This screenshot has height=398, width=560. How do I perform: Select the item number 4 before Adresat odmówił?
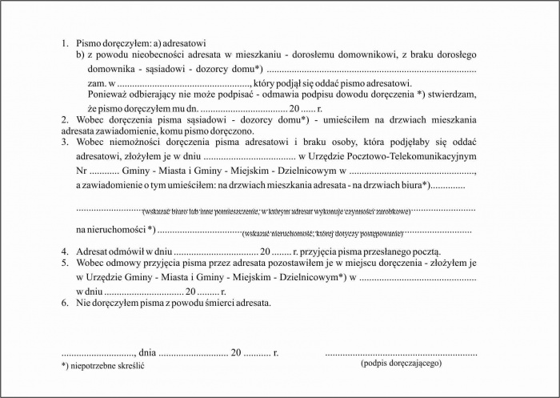64,251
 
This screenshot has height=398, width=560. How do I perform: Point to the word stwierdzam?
454,94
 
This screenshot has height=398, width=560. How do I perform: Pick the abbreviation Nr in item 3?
81,171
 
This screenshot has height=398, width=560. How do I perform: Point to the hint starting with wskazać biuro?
276,211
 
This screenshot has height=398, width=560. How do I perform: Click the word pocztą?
425,251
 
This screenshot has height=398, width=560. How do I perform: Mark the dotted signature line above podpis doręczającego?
401,352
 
